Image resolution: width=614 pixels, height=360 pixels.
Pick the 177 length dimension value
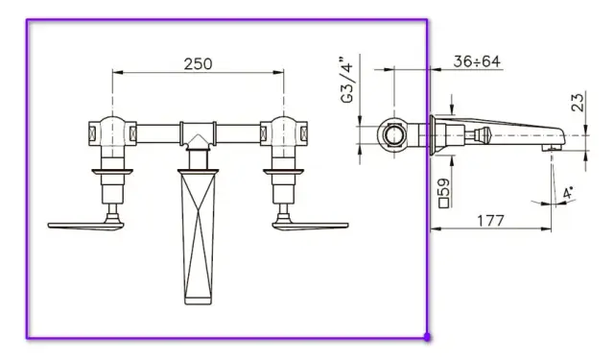pos(491,219)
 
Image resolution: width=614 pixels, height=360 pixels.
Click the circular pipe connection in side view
pos(393,134)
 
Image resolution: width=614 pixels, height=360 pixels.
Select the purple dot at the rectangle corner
pos(427,337)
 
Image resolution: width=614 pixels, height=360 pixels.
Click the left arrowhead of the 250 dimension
pos(116,73)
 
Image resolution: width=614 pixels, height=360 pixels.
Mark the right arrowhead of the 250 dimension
pos(281,73)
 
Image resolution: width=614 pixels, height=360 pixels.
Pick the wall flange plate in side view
pos(435,134)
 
